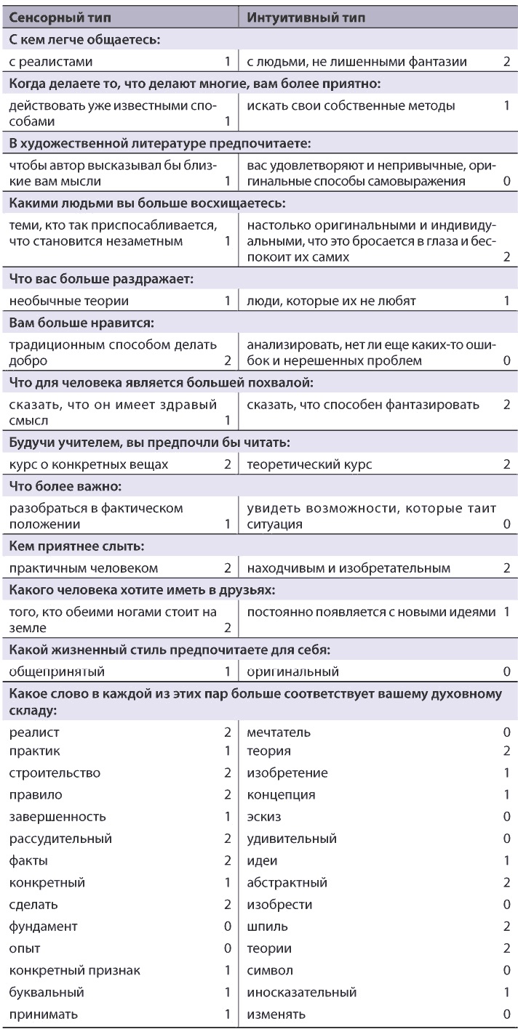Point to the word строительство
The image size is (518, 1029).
pyautogui.click(x=55, y=772)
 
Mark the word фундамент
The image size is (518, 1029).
pyautogui.click(x=44, y=926)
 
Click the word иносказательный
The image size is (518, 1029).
pyautogui.click(x=302, y=992)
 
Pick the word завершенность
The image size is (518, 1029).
pyautogui.click(x=57, y=816)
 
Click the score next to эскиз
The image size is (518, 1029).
pyautogui.click(x=506, y=816)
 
